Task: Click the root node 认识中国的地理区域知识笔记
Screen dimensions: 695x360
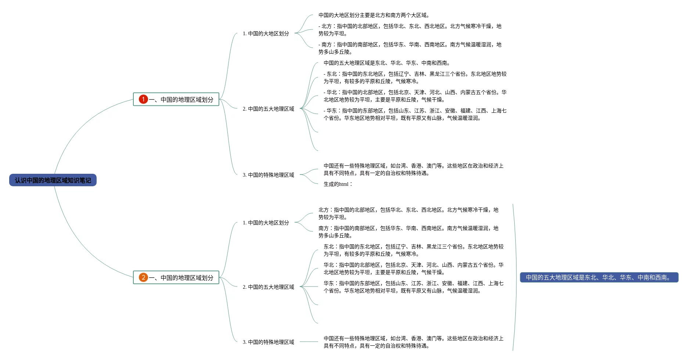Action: point(53,180)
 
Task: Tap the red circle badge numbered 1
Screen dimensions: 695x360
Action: point(143,99)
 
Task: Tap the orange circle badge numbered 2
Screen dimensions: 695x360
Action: point(143,277)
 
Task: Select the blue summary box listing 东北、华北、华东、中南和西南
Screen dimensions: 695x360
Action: point(599,277)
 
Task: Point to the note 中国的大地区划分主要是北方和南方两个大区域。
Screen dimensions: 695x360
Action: point(374,15)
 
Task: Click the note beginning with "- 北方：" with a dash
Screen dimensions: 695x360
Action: point(410,30)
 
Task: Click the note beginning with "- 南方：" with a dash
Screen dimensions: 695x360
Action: point(410,48)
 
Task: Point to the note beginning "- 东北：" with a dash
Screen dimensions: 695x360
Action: point(415,78)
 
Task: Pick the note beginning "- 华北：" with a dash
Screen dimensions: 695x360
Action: point(415,96)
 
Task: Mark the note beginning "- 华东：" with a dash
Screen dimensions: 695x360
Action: point(415,114)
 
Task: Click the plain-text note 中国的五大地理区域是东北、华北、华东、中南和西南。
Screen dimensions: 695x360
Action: point(387,63)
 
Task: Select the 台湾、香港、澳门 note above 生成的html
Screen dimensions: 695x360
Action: point(413,169)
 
